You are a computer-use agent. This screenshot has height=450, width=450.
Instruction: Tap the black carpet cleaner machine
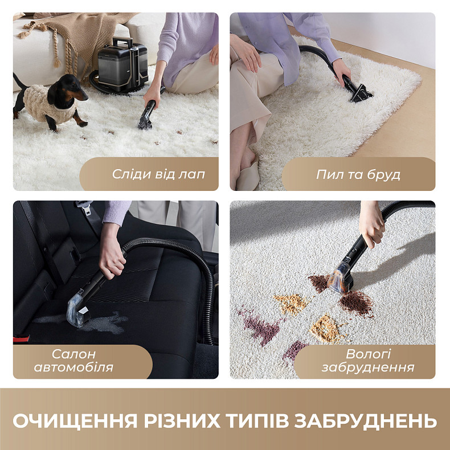121,63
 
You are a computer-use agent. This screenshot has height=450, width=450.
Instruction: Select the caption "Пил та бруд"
358,174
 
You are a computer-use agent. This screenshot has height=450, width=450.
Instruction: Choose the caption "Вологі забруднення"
359,361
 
